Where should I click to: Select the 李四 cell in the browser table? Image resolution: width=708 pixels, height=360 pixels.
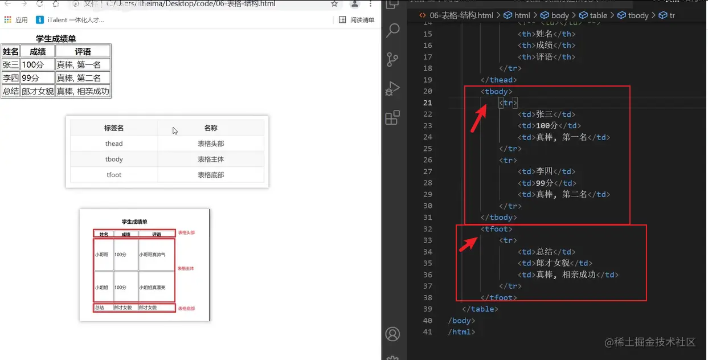11,78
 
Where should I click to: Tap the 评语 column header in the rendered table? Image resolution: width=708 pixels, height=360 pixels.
83,52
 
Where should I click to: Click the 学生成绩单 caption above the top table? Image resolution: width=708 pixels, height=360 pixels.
56,39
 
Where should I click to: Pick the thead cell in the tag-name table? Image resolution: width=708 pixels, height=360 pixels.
114,144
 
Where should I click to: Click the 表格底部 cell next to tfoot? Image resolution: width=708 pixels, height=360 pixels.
211,175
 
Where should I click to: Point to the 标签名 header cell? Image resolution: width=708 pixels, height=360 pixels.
114,128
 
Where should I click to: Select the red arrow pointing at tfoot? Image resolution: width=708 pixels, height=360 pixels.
469,243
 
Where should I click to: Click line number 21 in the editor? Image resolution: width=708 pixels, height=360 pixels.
428,103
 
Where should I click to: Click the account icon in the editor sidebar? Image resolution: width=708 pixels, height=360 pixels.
392,334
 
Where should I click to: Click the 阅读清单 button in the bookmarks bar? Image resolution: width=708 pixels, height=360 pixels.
357,20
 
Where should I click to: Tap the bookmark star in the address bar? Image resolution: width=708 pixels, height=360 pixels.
334,4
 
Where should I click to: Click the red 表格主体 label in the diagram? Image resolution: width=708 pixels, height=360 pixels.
186,268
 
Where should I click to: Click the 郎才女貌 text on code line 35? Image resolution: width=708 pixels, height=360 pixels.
553,263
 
